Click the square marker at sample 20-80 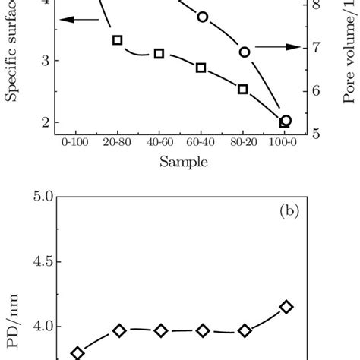[x=118, y=40]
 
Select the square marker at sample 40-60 [x=159, y=54]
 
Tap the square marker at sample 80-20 [x=243, y=89]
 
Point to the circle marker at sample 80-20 [x=245, y=52]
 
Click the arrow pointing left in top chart [x=76, y=21]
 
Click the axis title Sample [x=180, y=161]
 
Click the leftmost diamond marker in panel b [x=77, y=353]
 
